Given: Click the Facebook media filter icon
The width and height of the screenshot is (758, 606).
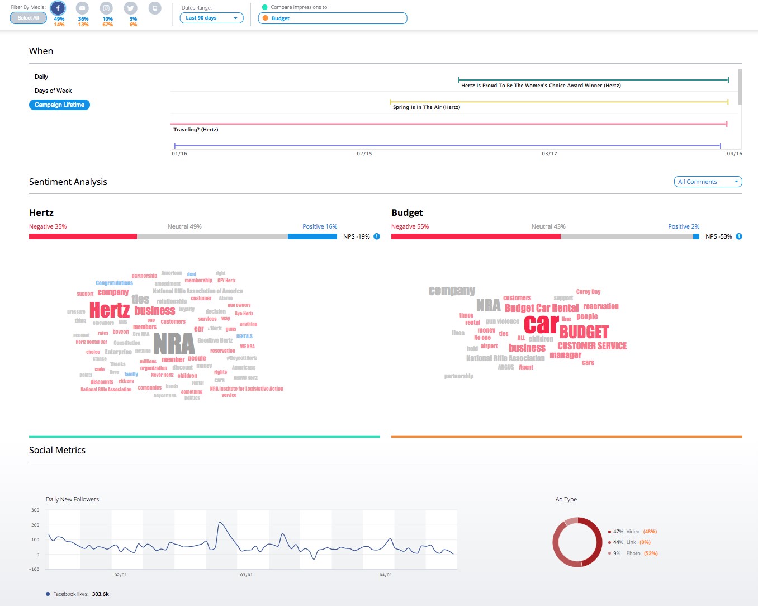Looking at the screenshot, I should (x=58, y=8).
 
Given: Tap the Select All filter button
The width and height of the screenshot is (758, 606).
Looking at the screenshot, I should (x=28, y=18).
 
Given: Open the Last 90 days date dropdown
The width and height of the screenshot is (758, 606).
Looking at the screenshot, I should (x=211, y=18).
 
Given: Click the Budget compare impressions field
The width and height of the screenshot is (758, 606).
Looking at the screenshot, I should (x=333, y=18).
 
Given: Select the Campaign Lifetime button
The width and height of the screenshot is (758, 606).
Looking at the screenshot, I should (x=59, y=105).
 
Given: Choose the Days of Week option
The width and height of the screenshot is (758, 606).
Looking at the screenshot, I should (x=53, y=91).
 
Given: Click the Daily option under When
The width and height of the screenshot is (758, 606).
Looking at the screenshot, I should (x=41, y=77).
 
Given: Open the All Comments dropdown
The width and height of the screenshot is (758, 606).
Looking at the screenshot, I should (x=708, y=182).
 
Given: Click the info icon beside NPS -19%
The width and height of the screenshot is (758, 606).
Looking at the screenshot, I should (x=377, y=236).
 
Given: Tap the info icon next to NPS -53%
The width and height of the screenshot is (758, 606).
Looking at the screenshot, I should (x=739, y=236).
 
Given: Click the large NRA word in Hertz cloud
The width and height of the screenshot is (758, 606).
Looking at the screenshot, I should (x=174, y=343).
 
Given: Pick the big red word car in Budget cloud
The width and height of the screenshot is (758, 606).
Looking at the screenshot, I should (x=541, y=324).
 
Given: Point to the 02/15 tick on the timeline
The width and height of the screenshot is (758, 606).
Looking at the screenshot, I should (x=364, y=153).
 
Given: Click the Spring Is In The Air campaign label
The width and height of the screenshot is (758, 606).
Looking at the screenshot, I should (x=427, y=107).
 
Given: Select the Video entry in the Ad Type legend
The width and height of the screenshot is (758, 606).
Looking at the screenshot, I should (x=633, y=532).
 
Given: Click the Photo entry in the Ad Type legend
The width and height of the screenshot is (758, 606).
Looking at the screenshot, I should (x=633, y=553).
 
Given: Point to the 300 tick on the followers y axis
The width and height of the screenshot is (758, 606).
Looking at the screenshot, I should (x=35, y=510).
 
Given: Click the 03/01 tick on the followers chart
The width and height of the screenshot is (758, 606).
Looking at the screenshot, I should (x=247, y=575).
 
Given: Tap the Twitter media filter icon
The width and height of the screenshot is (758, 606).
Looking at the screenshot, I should (x=131, y=8).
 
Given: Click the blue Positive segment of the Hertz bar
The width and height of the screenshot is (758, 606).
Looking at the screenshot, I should (x=312, y=236).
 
